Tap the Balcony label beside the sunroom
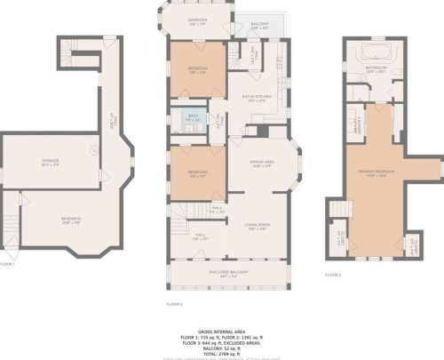tap(260, 26)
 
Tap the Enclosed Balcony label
tap(228, 272)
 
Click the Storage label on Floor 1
tap(50, 163)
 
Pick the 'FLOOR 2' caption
tap(174, 304)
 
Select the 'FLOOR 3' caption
tap(333, 276)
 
